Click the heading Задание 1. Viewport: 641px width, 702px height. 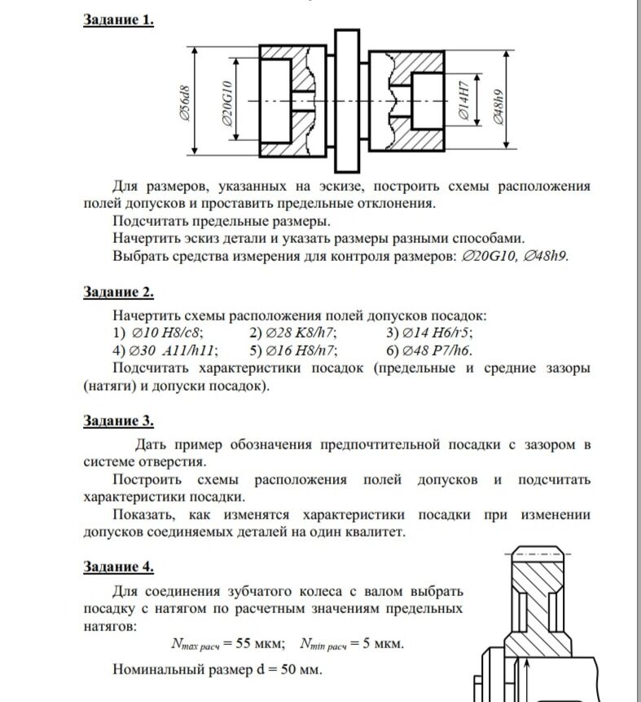118,20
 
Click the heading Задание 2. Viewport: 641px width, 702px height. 118,292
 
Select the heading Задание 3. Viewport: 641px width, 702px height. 118,421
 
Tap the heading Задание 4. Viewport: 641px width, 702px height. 118,567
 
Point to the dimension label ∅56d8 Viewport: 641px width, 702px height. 185,101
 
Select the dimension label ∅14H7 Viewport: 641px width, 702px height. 464,100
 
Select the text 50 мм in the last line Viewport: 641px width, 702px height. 302,671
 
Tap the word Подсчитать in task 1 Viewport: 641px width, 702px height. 156,220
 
